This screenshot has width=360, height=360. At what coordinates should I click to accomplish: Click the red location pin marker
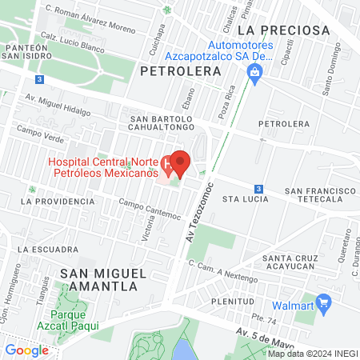(x=180, y=163)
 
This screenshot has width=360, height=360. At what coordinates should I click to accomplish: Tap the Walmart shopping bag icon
(x=323, y=303)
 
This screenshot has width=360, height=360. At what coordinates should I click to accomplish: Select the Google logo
(x=27, y=350)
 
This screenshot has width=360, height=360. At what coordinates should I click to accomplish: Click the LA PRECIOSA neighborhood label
(x=278, y=30)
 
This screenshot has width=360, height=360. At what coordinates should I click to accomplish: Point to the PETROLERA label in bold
(x=180, y=71)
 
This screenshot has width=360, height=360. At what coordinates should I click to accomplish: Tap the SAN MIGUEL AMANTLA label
(x=102, y=280)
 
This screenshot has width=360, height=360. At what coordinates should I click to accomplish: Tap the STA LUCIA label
(x=242, y=197)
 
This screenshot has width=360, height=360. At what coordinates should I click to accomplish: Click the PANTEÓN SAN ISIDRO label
(x=27, y=54)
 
